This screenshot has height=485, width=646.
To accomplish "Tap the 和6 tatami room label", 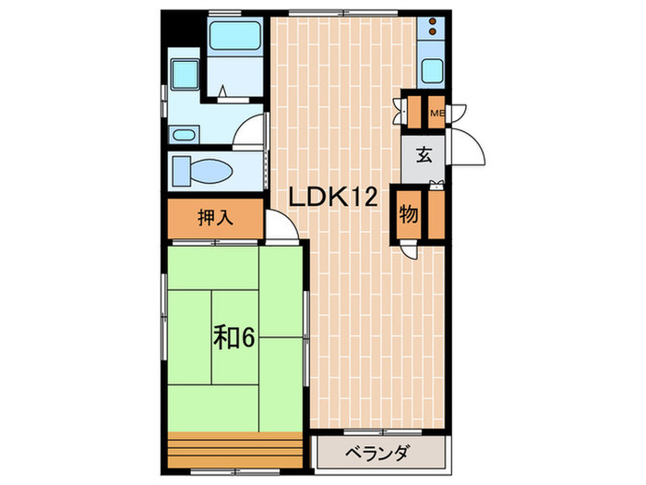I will pos(236,338).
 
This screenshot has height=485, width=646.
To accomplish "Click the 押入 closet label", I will pos(215,219).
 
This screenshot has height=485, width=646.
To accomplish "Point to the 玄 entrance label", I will pos(424,154).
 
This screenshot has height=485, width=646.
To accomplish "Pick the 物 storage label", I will pos(408,214).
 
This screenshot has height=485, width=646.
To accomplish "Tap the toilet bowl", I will pos(210,171).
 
